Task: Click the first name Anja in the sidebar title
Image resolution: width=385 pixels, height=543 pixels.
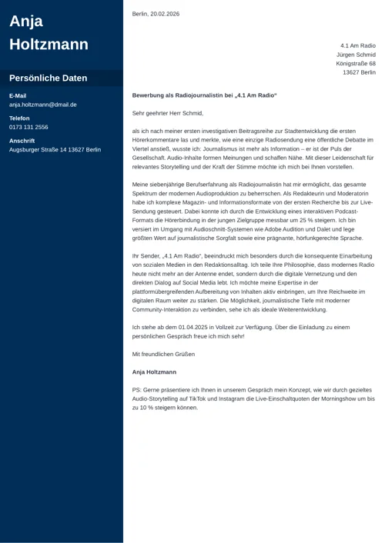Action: point(26,22)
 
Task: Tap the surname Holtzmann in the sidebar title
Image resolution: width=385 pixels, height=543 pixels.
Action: point(49,45)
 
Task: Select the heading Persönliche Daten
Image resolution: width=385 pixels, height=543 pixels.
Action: point(48,78)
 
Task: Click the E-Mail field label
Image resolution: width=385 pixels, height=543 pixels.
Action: point(18,95)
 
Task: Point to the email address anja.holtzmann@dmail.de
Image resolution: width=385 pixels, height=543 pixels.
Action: point(43,105)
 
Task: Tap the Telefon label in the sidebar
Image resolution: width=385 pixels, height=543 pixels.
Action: point(20,118)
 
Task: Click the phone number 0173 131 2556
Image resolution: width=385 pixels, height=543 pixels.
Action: point(28,127)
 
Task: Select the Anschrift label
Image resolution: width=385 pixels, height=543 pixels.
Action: point(22,141)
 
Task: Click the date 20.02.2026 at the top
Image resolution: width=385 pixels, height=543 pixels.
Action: point(165,14)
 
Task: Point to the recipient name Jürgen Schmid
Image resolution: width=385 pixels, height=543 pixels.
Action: point(356,55)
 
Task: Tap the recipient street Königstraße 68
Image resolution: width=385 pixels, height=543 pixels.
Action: point(356,64)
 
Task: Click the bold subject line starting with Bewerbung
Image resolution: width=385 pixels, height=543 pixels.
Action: point(204,95)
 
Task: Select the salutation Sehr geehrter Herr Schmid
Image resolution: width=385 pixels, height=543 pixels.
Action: point(167,113)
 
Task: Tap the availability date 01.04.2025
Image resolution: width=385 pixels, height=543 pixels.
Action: point(184,328)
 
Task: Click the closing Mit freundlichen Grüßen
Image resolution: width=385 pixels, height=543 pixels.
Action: point(163,355)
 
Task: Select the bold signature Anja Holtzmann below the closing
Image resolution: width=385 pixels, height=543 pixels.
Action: point(160,372)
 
